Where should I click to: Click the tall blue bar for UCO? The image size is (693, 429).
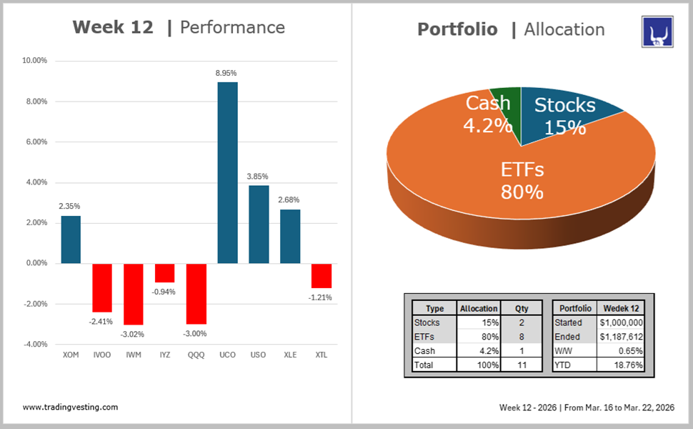pos(227,172)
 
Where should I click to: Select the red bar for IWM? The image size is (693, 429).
pos(134,293)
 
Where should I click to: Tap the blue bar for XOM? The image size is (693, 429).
pos(71,240)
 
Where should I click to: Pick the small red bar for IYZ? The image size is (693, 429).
pos(165,272)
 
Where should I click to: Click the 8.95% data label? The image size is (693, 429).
pos(227,73)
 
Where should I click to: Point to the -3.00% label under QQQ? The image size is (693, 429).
pos(196,333)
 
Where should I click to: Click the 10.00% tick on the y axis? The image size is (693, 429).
pos(34,61)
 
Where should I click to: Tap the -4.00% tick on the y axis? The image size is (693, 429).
pos(34,344)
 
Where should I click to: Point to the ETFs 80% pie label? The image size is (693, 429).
pos(522,180)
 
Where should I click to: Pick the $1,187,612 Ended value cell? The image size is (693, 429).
pos(621,337)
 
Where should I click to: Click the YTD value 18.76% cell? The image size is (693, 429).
pos(621,365)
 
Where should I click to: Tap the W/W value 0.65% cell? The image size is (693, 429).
pos(621,351)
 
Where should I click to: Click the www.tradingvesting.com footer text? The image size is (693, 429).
pos(70,407)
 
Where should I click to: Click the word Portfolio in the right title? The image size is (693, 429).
pos(457,29)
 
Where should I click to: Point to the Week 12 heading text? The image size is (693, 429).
pos(113,27)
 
